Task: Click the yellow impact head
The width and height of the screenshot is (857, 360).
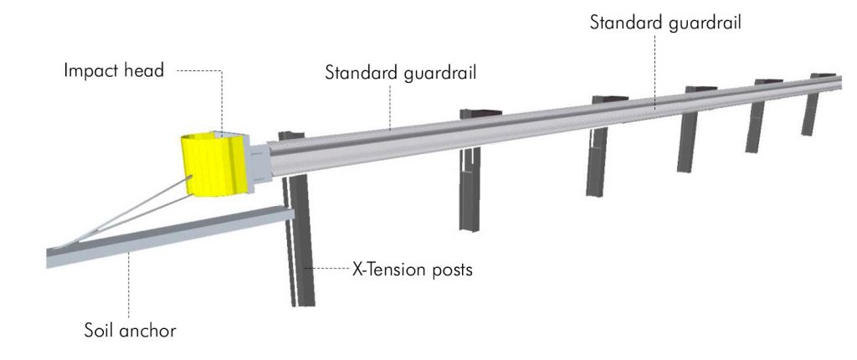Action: tap(215, 163)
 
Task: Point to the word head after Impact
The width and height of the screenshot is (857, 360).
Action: tap(143, 69)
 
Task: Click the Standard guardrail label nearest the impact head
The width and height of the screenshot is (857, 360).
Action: tap(400, 73)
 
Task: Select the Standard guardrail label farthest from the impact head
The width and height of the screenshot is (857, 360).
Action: tap(665, 23)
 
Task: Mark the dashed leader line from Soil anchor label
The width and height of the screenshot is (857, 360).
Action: tap(129, 285)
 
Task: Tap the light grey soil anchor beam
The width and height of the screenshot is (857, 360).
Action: tap(169, 236)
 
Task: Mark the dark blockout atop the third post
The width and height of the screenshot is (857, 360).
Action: tap(610, 99)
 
